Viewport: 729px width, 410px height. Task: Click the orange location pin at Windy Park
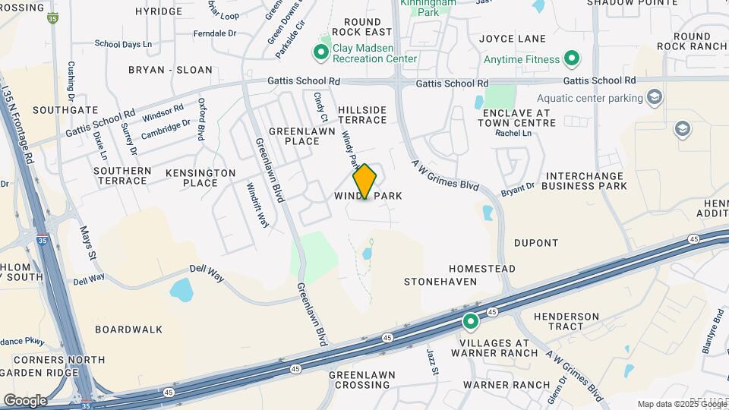364,181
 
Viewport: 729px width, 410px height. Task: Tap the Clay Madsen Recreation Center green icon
321,52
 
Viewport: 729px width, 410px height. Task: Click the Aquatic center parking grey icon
654,97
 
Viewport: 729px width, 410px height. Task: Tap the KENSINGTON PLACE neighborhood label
201,178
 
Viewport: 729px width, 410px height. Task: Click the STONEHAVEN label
440,282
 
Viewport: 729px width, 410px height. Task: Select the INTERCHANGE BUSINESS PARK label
585,181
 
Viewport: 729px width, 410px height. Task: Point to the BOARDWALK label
129,330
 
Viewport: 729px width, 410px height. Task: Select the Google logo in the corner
25,400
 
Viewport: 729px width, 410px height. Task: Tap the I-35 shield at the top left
52,17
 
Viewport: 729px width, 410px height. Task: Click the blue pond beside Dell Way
181,289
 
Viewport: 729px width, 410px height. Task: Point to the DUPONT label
536,244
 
